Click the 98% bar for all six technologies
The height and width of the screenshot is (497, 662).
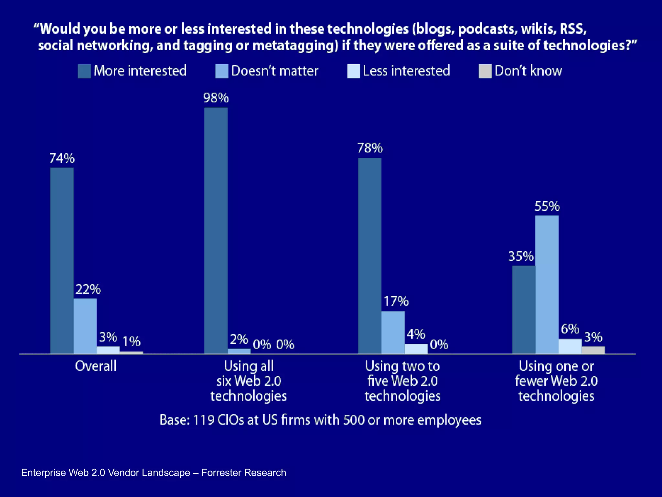tap(216, 230)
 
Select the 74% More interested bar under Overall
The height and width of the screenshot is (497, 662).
tap(62, 260)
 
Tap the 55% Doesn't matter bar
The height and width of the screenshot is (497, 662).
tap(547, 285)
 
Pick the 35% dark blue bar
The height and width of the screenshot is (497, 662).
tap(523, 309)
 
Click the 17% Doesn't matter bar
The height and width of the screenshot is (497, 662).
tap(393, 332)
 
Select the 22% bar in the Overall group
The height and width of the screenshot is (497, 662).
tap(85, 326)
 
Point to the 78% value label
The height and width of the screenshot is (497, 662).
tap(370, 148)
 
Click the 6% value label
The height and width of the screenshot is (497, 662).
tap(570, 329)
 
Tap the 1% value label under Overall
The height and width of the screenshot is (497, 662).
tap(131, 341)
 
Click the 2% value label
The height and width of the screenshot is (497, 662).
tap(239, 339)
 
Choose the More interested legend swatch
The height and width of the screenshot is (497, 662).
tap(84, 71)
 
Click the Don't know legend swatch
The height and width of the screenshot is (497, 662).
tap(485, 71)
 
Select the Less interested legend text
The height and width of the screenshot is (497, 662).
tap(406, 71)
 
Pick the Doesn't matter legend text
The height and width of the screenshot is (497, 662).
tap(275, 71)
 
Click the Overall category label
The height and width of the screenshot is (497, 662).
tap(96, 366)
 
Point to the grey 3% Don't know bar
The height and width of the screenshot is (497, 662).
tap(593, 350)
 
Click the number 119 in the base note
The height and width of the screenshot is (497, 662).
tap(203, 420)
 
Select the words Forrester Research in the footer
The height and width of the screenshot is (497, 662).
tap(243, 473)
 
